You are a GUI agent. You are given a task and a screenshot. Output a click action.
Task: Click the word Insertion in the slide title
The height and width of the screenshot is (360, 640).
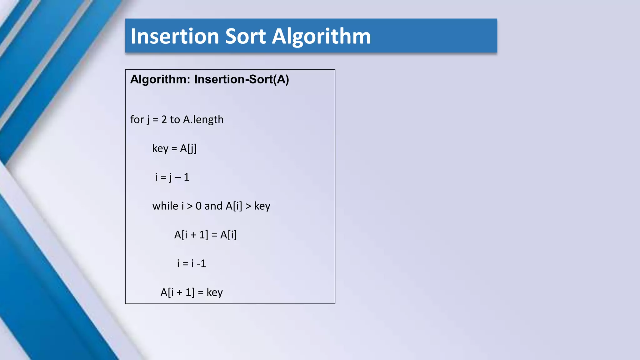[175, 36]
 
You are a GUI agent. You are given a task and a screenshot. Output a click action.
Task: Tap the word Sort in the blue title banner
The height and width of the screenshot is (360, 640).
[245, 36]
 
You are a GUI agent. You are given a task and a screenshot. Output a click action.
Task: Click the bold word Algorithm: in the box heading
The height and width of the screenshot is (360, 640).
[160, 79]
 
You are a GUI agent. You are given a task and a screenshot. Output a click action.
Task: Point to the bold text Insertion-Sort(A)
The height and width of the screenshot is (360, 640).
[241, 79]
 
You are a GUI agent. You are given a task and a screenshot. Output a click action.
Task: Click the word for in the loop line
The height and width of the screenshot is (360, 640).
[137, 120]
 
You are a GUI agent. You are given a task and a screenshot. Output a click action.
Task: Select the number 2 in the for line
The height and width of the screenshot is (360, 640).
[164, 120]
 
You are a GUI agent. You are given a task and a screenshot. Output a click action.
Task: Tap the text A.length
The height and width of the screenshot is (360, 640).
[203, 120]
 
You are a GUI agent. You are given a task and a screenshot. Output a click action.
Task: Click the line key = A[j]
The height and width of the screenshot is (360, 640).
[174, 148]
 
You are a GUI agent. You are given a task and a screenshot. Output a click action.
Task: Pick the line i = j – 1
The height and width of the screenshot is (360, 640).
[172, 177]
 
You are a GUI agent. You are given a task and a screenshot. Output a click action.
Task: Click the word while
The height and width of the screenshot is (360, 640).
[165, 206]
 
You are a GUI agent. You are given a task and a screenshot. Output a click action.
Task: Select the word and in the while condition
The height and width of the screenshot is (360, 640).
[213, 206]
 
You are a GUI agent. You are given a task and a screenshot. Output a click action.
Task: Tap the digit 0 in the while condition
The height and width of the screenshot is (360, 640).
[198, 206]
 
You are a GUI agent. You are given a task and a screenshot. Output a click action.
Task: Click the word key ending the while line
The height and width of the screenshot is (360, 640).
[262, 206]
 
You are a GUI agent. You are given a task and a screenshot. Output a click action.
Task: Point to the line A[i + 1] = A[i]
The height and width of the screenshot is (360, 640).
[205, 235]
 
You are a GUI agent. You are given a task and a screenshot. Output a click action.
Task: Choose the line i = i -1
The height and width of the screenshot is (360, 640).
[191, 263]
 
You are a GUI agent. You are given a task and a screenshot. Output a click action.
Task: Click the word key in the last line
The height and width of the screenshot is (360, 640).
[214, 292]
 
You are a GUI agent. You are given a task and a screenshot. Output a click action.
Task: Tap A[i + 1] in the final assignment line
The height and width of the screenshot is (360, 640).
[177, 292]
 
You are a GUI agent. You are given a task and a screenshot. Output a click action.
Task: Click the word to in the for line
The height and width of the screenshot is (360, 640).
[175, 120]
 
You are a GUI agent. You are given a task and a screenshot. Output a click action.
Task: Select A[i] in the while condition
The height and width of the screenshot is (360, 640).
[234, 206]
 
